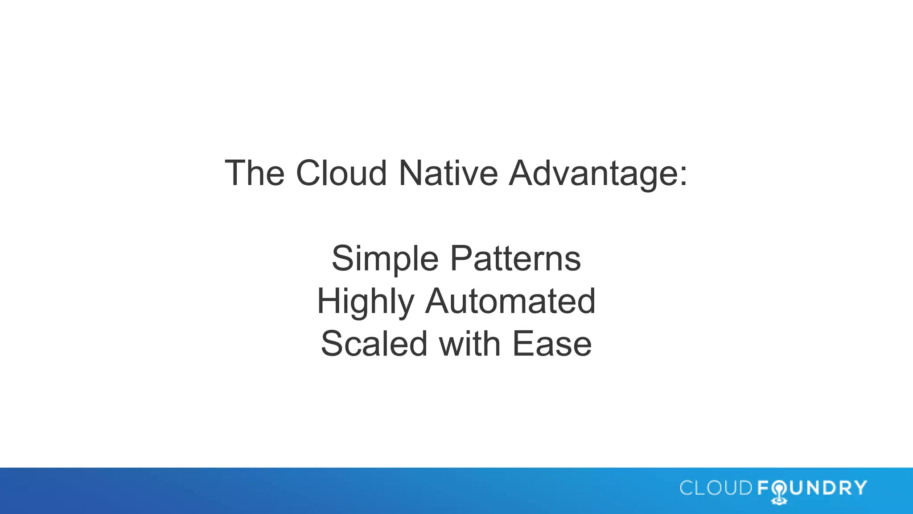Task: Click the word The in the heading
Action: tap(255, 173)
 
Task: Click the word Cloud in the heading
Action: tap(341, 173)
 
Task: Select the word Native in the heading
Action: tap(448, 173)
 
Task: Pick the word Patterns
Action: tap(515, 259)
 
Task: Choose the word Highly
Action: tap(366, 302)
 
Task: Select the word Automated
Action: tap(510, 302)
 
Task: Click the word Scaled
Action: tap(374, 344)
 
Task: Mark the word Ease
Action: tap(552, 344)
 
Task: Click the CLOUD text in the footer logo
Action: tap(716, 488)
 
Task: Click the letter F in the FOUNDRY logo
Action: tap(763, 488)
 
